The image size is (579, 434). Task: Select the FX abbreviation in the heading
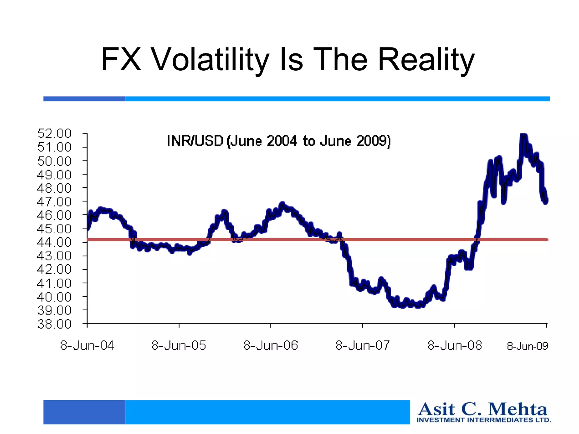(121, 59)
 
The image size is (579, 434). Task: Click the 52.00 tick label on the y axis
(54, 133)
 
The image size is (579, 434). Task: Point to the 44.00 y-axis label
(54, 242)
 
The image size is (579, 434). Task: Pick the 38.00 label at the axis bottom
(54, 324)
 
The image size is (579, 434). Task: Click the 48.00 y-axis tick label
(54, 188)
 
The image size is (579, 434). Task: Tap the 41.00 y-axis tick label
(54, 283)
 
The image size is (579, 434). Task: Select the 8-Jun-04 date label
(87, 346)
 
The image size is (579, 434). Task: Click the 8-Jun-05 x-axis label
(179, 346)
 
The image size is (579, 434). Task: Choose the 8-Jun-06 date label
(271, 346)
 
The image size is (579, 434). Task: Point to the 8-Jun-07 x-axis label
(362, 346)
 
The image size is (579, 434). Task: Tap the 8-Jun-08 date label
(454, 346)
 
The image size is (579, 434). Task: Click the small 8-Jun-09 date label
(527, 346)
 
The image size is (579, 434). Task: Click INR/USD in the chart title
(195, 141)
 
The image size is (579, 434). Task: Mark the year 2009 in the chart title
(373, 141)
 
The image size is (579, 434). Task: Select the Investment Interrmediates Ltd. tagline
(484, 420)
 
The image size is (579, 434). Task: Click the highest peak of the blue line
(523, 135)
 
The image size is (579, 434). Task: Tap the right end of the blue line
(546, 201)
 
